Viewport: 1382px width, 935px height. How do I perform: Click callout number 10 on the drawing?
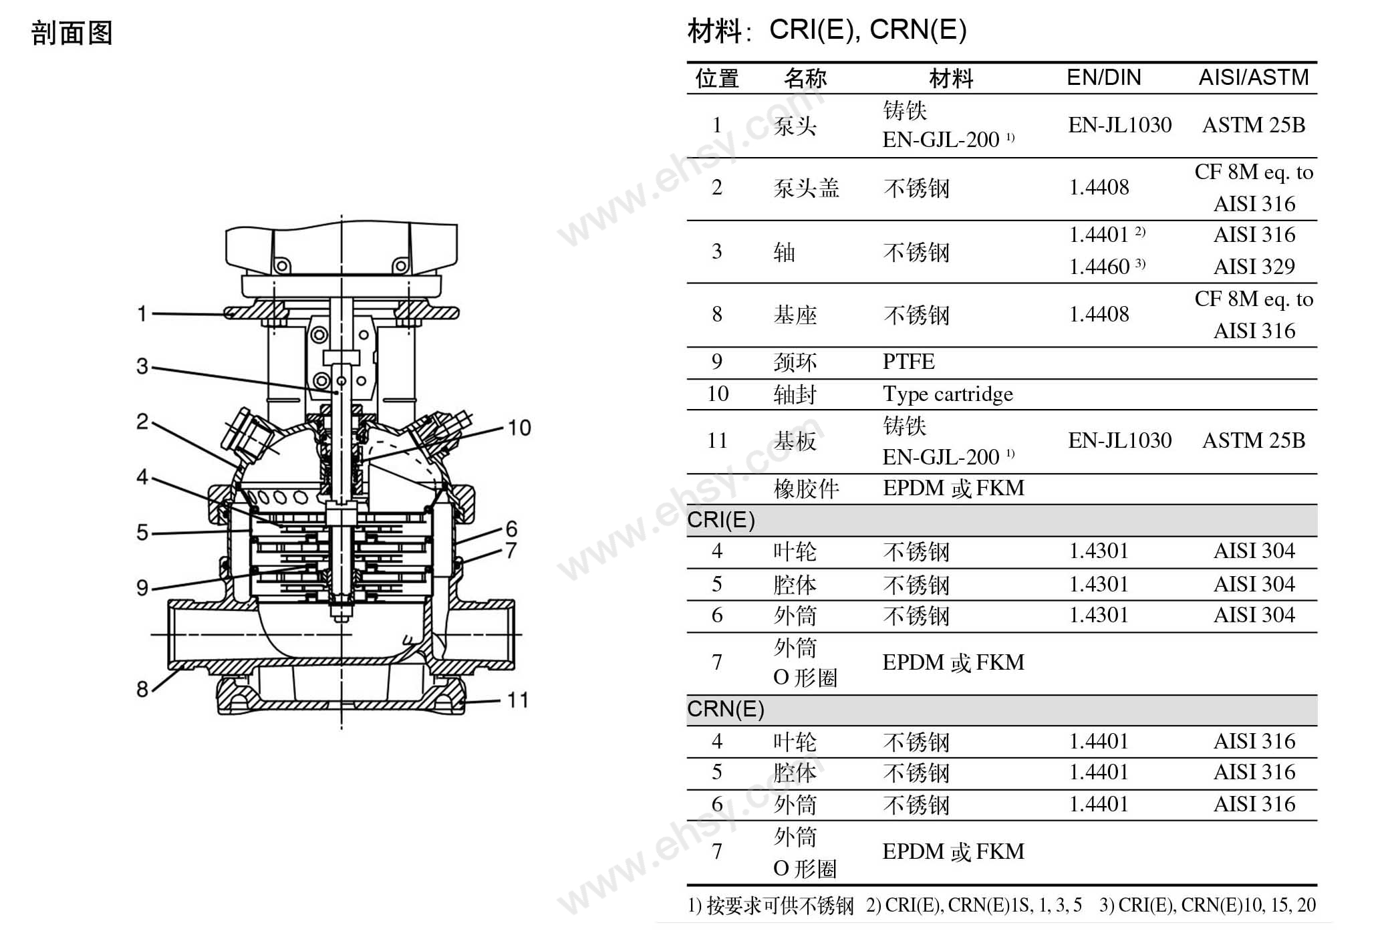pyautogui.click(x=519, y=428)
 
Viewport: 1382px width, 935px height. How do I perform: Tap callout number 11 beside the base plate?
pyautogui.click(x=518, y=700)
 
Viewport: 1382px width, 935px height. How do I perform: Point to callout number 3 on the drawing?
pyautogui.click(x=142, y=366)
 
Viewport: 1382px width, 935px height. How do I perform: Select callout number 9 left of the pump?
pyautogui.click(x=142, y=587)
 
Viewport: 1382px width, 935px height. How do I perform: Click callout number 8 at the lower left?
pyautogui.click(x=142, y=688)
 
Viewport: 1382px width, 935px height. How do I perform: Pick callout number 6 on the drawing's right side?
pyautogui.click(x=512, y=529)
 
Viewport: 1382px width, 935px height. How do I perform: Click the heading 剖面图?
pyautogui.click(x=72, y=33)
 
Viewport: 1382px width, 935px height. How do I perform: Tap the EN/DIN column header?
pyautogui.click(x=1104, y=78)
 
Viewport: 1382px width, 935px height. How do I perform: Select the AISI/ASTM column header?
pyautogui.click(x=1254, y=78)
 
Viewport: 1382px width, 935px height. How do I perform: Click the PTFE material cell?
pyautogui.click(x=908, y=362)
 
